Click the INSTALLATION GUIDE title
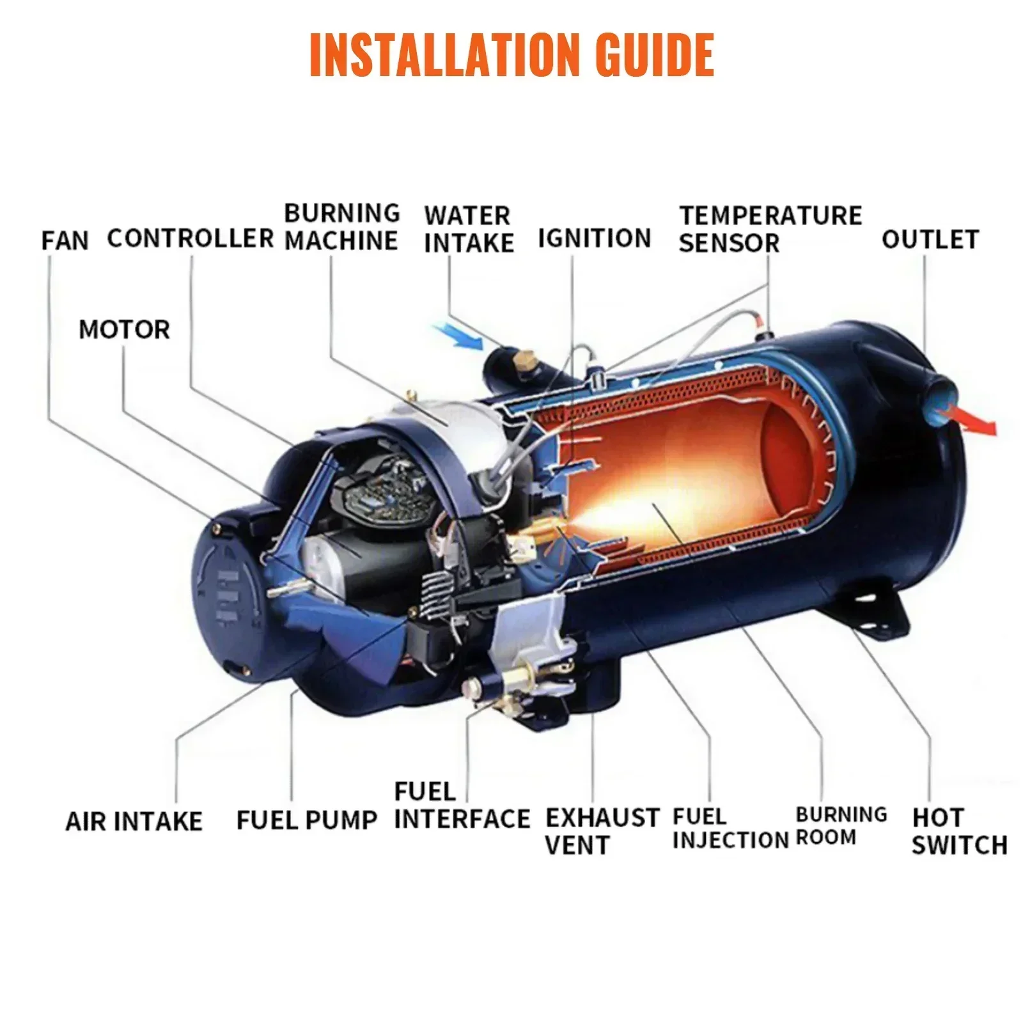tap(511, 55)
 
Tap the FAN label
tap(65, 241)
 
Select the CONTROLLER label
tap(191, 238)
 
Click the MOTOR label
tap(124, 330)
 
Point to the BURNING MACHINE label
tap(342, 227)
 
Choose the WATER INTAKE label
tap(469, 230)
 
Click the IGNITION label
tap(594, 238)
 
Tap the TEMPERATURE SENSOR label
tap(770, 229)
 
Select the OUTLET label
tap(930, 240)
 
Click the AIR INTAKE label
tap(134, 821)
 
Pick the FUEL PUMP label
tap(307, 820)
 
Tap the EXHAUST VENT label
tap(601, 831)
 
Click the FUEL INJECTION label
tap(730, 829)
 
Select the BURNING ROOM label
tap(840, 826)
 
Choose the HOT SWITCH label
tap(959, 831)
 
